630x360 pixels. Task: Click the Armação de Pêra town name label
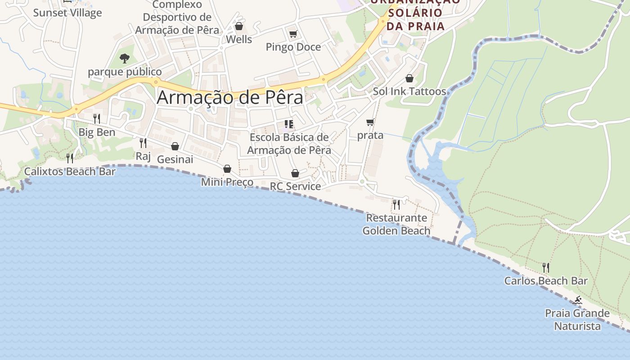click(x=230, y=98)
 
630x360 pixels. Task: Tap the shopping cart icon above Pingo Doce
click(x=293, y=34)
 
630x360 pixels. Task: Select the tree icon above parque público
click(x=125, y=58)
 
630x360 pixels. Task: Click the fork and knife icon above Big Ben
click(x=97, y=119)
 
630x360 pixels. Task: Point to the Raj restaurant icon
click(x=143, y=143)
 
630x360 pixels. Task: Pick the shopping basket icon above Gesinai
click(x=175, y=146)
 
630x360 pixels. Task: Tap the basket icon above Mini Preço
click(x=227, y=169)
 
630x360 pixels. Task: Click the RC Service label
click(x=295, y=186)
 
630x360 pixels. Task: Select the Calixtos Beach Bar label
click(x=70, y=171)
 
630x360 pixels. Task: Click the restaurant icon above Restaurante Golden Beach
click(x=396, y=205)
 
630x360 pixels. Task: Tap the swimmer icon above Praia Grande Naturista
click(x=578, y=301)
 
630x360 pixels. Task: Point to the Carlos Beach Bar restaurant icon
click(x=546, y=268)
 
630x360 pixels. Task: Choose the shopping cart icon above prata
click(x=370, y=122)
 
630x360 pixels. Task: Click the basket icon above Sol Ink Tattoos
click(x=409, y=78)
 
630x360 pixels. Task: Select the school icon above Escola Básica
click(x=289, y=124)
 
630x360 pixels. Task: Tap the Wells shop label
click(x=239, y=39)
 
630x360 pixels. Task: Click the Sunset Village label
click(x=67, y=13)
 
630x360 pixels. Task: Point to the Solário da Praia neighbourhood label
click(x=415, y=13)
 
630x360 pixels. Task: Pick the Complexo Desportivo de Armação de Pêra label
click(x=177, y=18)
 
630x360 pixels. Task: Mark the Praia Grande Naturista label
click(x=577, y=319)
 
